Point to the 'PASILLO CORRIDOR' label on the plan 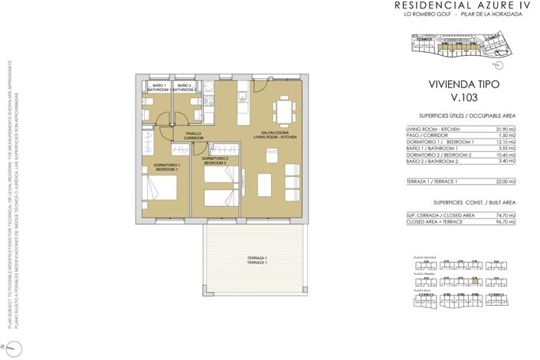click(x=194, y=136)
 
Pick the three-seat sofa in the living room click(x=292, y=178)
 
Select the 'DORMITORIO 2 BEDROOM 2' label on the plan click(x=215, y=160)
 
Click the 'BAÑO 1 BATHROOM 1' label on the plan click(x=159, y=87)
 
